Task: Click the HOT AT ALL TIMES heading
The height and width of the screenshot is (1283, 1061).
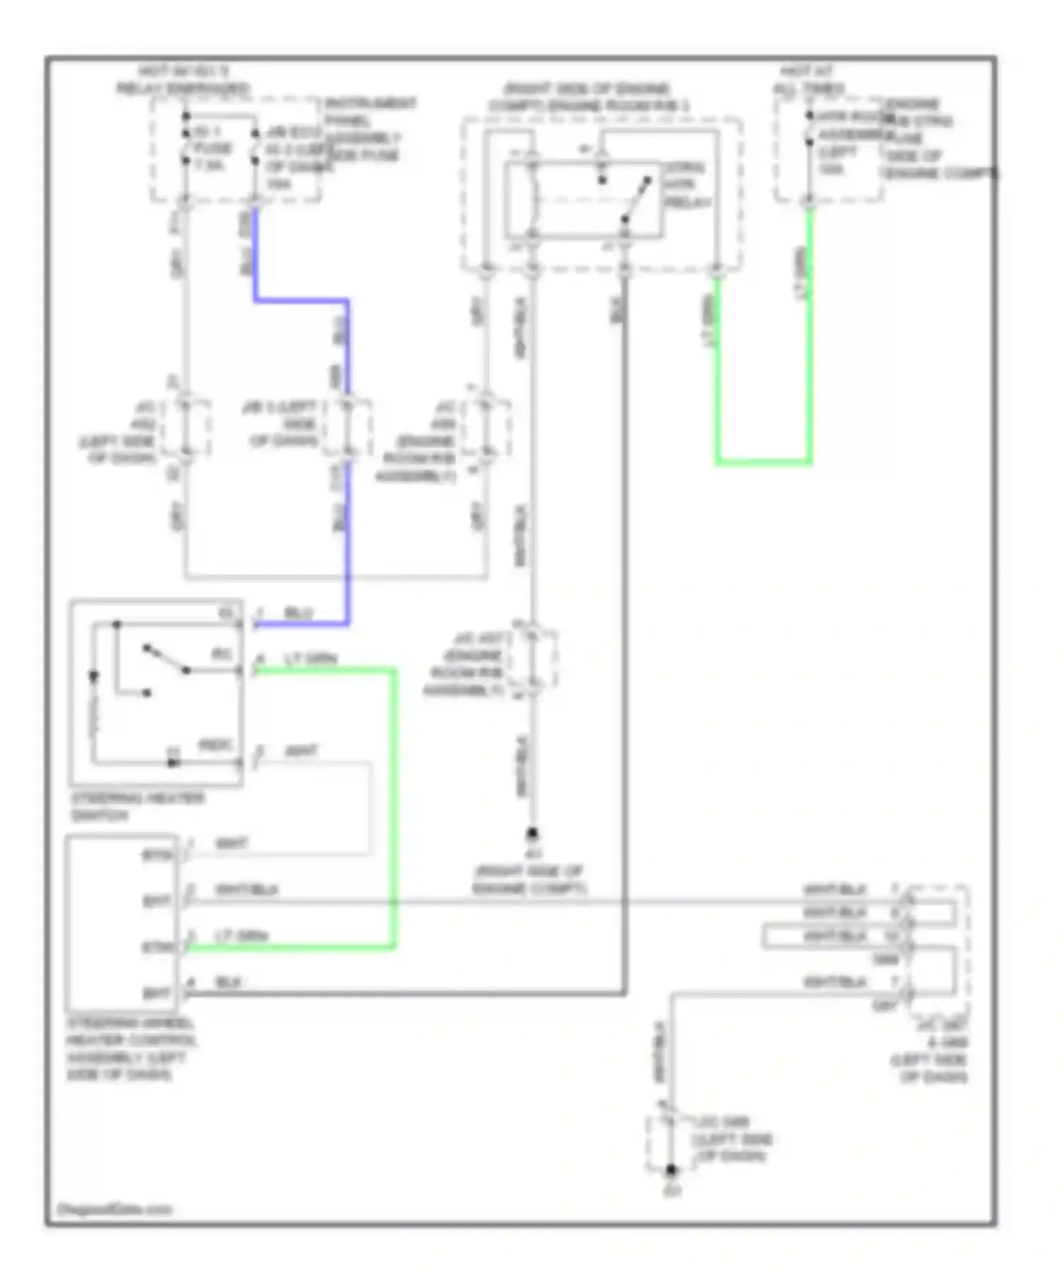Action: (808, 80)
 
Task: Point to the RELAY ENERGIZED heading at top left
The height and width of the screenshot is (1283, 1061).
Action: (182, 88)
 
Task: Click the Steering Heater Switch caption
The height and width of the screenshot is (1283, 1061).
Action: (137, 806)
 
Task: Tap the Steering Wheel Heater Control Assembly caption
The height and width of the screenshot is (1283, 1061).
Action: (131, 1049)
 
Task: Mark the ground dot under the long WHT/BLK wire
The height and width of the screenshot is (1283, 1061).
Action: (533, 834)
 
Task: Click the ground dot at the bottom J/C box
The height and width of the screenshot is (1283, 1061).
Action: (671, 1171)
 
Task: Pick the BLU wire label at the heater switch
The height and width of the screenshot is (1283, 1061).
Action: (298, 613)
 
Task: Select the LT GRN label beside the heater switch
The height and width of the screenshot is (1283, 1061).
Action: (311, 659)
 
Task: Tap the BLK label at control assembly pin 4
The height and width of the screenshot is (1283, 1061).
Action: (228, 982)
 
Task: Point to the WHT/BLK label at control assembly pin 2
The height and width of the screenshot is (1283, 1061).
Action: (245, 889)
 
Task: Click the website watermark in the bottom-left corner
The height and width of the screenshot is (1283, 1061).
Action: (114, 1209)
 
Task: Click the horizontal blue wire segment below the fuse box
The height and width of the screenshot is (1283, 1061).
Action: (301, 301)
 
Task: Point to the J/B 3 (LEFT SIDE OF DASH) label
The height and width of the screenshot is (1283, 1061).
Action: (281, 424)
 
